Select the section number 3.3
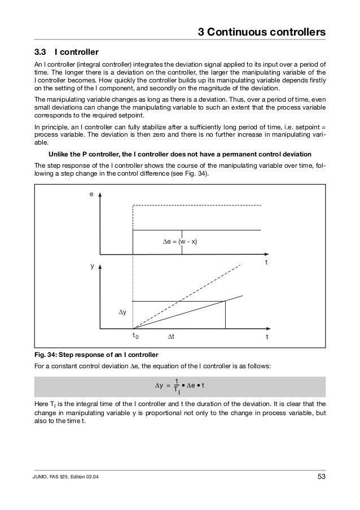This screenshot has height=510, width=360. [42, 51]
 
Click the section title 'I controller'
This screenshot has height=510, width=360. [76, 51]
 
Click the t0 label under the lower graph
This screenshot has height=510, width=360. [134, 336]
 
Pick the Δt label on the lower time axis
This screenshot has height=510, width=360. [172, 337]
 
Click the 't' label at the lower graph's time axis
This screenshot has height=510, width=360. [267, 337]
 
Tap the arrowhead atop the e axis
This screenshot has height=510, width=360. [100, 193]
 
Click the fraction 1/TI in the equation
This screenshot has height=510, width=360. [177, 387]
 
